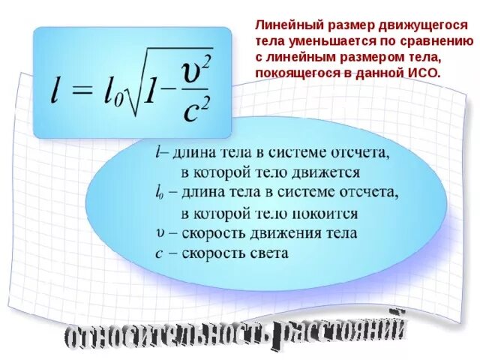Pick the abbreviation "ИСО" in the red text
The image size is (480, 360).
click(x=423, y=73)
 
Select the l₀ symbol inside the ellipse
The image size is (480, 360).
click(x=159, y=193)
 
